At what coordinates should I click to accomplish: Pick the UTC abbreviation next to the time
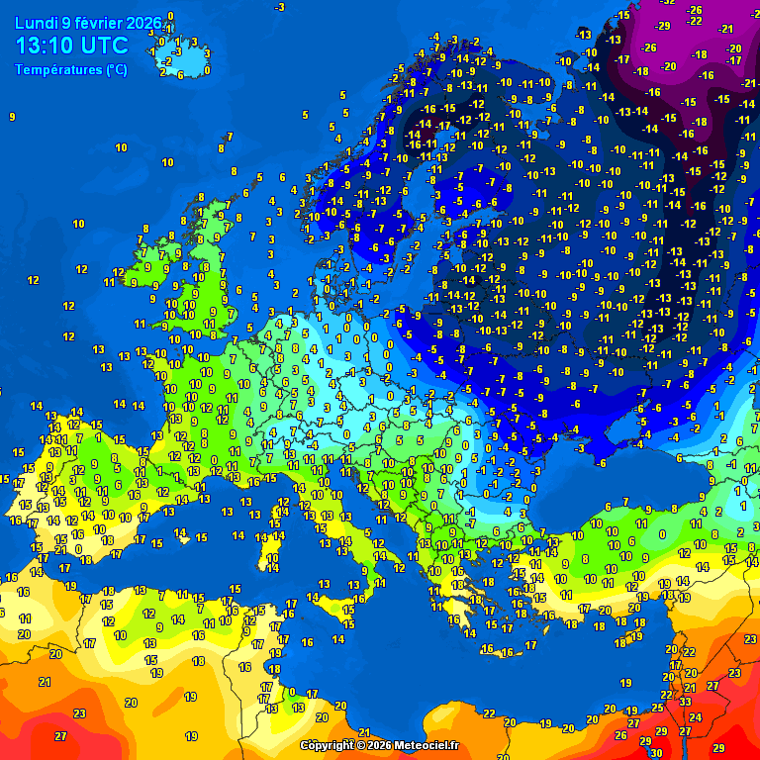click(x=107, y=46)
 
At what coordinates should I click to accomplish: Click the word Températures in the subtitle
click(x=58, y=70)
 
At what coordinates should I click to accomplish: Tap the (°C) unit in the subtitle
click(x=117, y=70)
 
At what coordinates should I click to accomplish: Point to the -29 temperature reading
click(x=663, y=26)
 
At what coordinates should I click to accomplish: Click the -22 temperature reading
click(x=696, y=21)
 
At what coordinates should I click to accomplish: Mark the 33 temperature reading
click(x=686, y=701)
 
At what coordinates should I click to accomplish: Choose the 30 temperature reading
click(x=656, y=751)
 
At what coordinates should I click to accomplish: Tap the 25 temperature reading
click(x=657, y=708)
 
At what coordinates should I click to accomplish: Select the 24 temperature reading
click(x=695, y=717)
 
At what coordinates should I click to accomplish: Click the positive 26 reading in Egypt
click(x=620, y=735)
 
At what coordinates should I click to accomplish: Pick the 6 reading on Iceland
click(x=180, y=75)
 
